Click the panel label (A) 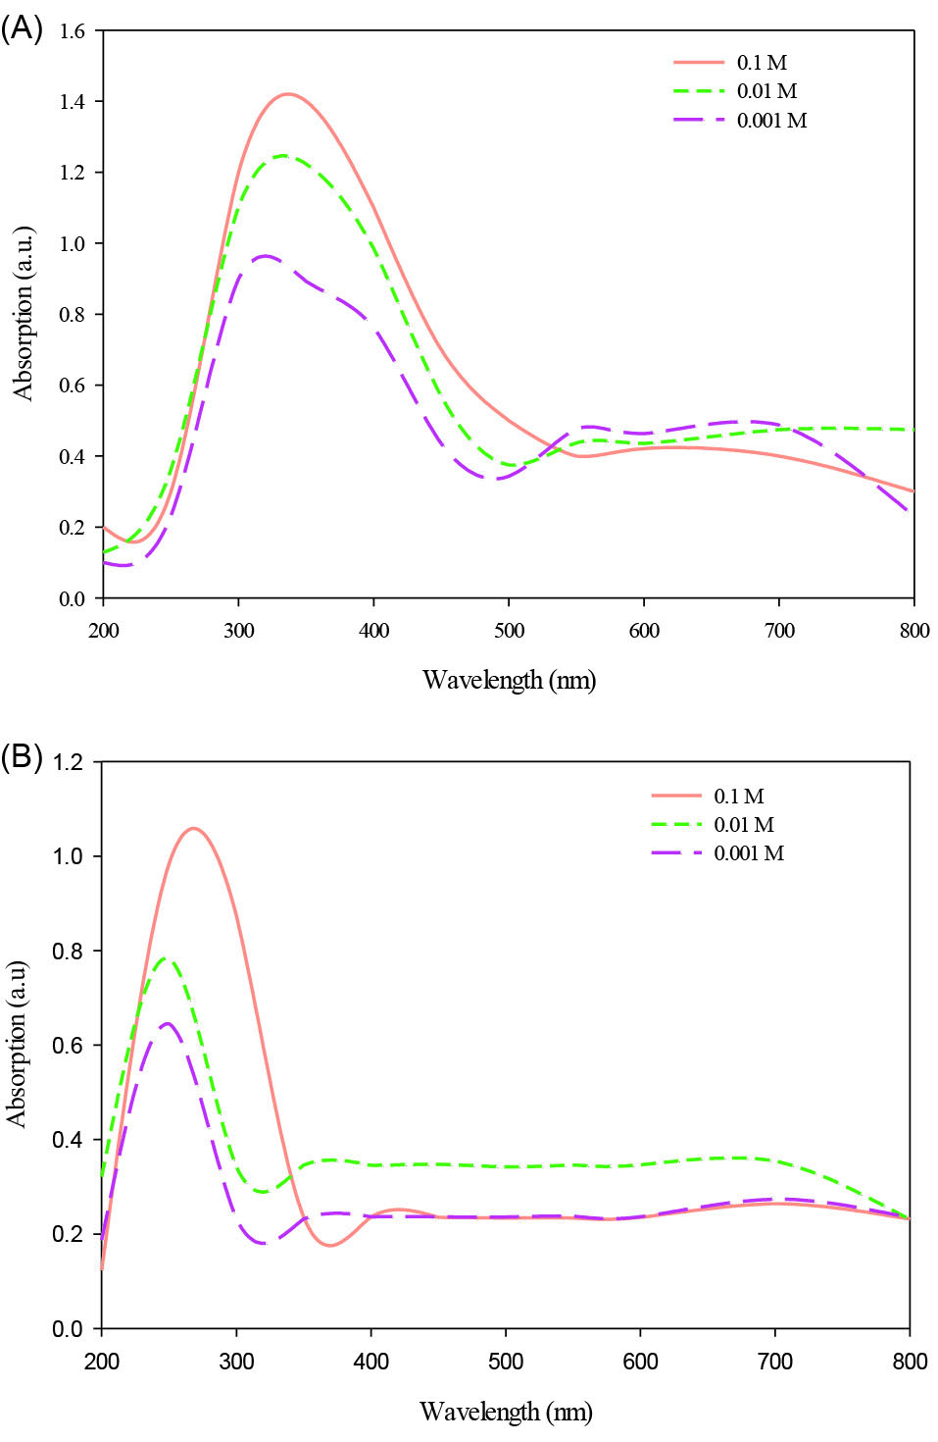coord(22,28)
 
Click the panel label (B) coord(22,757)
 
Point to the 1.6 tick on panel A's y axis coord(72,30)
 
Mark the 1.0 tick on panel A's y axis coord(72,243)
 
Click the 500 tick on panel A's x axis coord(509,631)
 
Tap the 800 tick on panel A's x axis coord(913,631)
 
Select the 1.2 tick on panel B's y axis coord(68,762)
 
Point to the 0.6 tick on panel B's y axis coord(68,1046)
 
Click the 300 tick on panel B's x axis coord(236,1362)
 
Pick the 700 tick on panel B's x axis coord(775,1362)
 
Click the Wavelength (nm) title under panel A coord(509,680)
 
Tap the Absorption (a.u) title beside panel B coord(17,1044)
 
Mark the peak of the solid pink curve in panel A coord(287,94)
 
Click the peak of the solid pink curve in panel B coord(194,828)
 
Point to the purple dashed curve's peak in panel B coord(168,1023)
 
